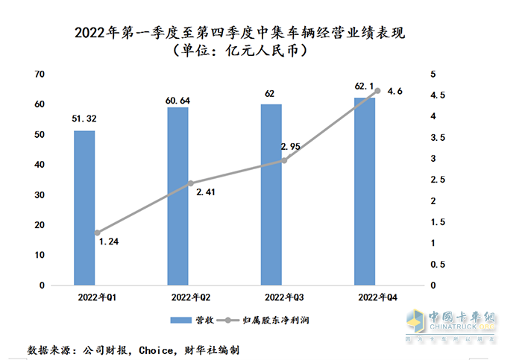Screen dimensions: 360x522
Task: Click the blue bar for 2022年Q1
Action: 84,208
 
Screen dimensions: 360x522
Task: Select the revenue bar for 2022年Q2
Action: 177,196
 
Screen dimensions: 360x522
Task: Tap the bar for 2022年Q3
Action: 271,195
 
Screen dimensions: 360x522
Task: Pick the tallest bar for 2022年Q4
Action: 365,192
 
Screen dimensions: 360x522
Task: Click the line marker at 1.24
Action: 97,233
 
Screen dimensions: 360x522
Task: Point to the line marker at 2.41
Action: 190,183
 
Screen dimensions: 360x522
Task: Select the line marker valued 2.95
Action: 284,160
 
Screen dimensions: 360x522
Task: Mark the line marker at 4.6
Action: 377,91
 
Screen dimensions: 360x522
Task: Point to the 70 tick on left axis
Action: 40,74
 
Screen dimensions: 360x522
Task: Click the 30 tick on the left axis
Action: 40,195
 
